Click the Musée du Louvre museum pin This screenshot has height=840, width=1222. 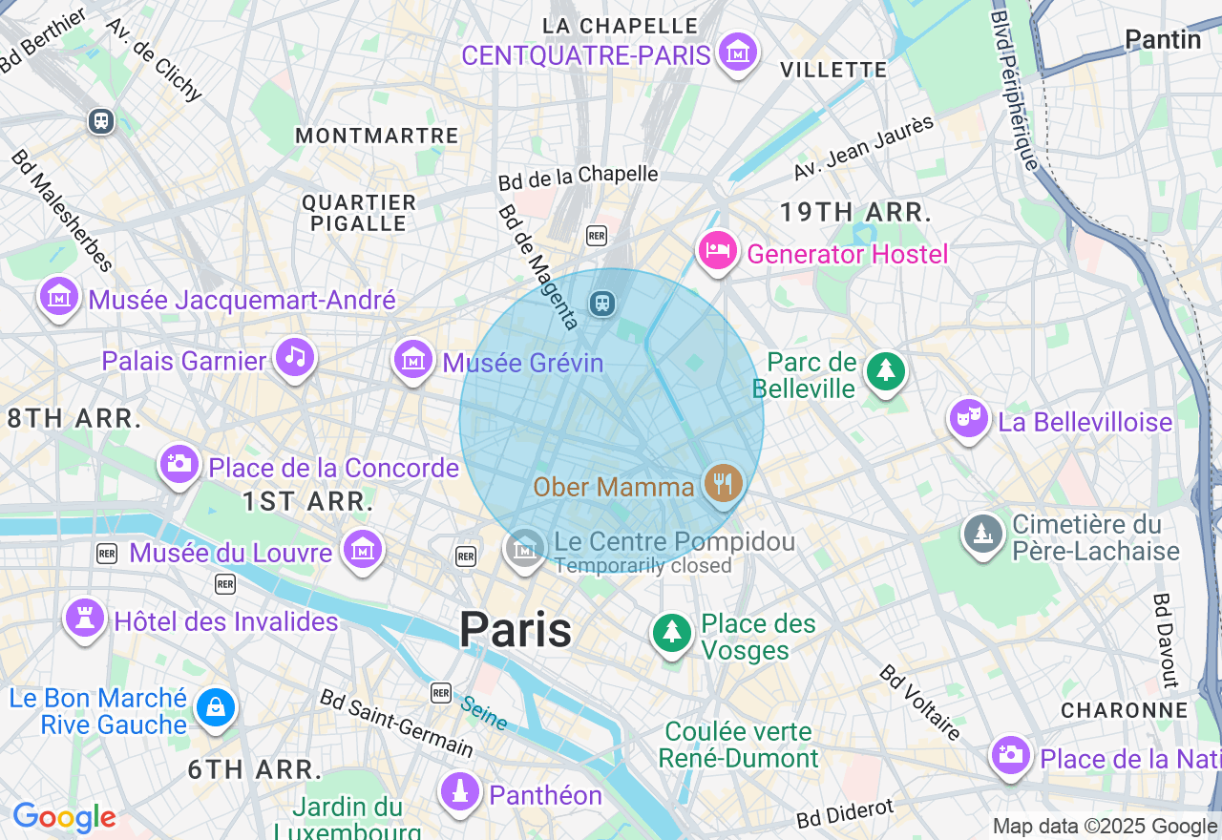(363, 550)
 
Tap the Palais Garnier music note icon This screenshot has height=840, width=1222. (295, 358)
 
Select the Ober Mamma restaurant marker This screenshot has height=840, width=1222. (724, 484)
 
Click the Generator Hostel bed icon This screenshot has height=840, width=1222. (718, 251)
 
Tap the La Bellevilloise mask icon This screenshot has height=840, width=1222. (969, 418)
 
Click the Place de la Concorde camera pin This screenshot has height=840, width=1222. (179, 464)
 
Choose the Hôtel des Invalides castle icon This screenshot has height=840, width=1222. (84, 619)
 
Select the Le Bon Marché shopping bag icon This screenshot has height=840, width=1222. (216, 707)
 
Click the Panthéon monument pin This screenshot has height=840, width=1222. (460, 790)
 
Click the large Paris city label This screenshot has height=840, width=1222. (516, 630)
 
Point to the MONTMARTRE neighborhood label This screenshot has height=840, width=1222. (377, 136)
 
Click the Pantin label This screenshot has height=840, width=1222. (1162, 39)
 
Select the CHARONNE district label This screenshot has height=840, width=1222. (1125, 710)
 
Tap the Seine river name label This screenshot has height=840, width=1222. (484, 712)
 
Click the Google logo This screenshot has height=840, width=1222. (64, 818)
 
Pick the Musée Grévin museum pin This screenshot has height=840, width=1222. (413, 360)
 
